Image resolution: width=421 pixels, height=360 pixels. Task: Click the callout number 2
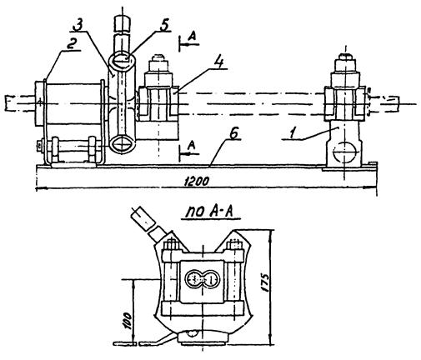tap(71, 43)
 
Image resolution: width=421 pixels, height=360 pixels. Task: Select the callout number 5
tap(163, 25)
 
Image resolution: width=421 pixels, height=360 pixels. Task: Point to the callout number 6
tap(233, 134)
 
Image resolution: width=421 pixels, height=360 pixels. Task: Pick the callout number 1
tap(292, 133)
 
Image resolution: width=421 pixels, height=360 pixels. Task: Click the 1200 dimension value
tap(197, 182)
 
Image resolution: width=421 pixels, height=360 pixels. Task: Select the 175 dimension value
tap(266, 282)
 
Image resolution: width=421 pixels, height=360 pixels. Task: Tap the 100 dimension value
tap(127, 321)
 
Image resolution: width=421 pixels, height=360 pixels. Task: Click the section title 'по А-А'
tap(212, 212)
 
